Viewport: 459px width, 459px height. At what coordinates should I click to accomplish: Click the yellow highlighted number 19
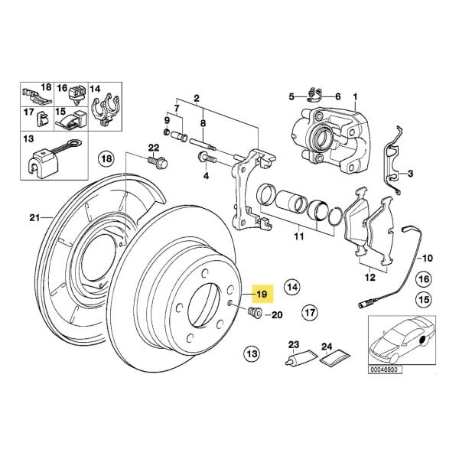click(261, 293)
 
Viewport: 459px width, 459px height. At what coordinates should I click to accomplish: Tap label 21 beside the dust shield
click(34, 218)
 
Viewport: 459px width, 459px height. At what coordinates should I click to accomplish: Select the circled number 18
click(106, 158)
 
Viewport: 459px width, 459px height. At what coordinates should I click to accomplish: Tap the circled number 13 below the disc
click(252, 353)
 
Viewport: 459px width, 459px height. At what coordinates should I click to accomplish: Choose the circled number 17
click(308, 313)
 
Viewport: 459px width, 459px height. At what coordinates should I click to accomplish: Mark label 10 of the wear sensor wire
click(427, 258)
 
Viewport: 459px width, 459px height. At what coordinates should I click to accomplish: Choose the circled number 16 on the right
click(423, 281)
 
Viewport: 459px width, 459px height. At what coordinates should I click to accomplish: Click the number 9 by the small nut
click(167, 121)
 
